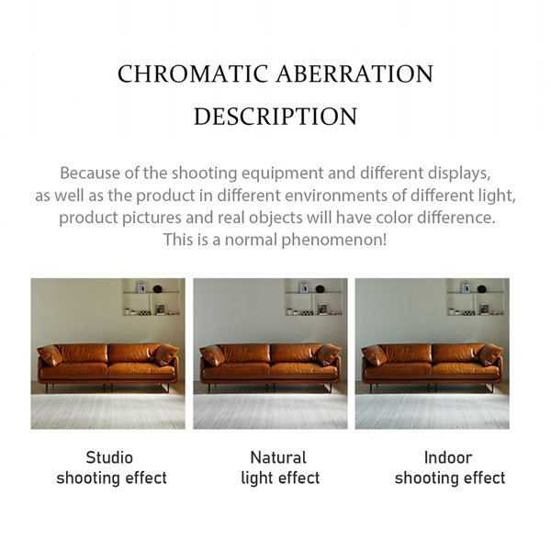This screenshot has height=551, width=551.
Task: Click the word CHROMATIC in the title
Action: tap(193, 73)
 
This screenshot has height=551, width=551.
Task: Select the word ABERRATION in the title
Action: tap(354, 73)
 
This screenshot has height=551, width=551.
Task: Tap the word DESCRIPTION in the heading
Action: tap(275, 117)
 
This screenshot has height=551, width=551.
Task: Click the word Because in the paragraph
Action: tap(90, 173)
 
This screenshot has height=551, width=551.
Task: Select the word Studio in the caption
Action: tap(109, 457)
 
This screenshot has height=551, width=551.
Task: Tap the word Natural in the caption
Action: tap(278, 457)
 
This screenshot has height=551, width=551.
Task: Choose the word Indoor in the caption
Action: tap(448, 457)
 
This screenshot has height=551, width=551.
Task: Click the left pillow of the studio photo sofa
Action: tap(50, 354)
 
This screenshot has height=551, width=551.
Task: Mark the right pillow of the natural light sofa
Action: tap(329, 354)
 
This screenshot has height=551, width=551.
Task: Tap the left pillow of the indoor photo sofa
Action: tap(374, 354)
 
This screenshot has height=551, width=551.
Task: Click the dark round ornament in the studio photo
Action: tap(158, 289)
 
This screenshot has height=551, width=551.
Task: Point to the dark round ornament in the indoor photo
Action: tap(482, 289)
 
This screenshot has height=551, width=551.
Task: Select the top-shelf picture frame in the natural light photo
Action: tap(304, 287)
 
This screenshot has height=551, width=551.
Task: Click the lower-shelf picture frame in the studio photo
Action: tap(160, 309)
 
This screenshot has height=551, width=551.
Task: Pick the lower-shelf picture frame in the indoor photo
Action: tap(484, 309)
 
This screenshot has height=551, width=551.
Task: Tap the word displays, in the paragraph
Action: tap(459, 174)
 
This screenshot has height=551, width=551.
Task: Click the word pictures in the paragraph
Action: tap(152, 219)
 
